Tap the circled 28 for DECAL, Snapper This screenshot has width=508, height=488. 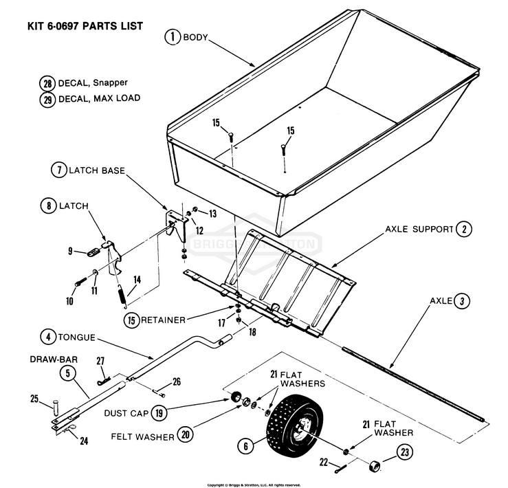[x=47, y=83]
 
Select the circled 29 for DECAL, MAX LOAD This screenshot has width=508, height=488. [x=47, y=98]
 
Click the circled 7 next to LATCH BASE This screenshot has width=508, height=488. [x=58, y=170]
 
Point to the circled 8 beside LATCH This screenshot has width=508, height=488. [x=48, y=206]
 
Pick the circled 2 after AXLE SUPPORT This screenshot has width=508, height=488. [x=465, y=230]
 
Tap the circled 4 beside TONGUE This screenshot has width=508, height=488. [x=47, y=337]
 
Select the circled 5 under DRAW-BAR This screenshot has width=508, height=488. [x=67, y=373]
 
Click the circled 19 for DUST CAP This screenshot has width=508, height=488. [x=159, y=413]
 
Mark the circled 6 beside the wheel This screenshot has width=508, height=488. [x=244, y=445]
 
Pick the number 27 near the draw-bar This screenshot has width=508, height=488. [x=100, y=361]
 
